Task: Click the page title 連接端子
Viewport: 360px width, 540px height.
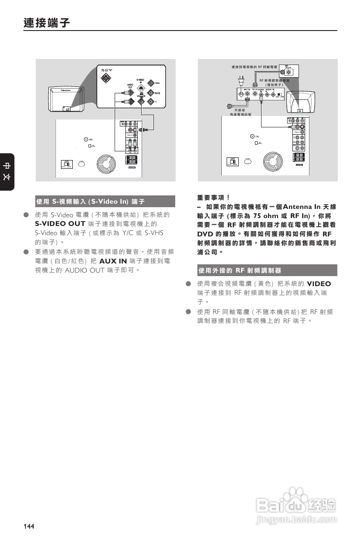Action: click(47, 23)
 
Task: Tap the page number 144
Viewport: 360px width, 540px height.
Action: click(29, 526)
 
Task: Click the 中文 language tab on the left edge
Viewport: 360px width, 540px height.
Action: click(7, 172)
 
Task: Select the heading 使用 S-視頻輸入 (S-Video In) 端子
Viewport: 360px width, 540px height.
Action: click(90, 202)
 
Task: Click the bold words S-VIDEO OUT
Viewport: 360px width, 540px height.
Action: click(60, 224)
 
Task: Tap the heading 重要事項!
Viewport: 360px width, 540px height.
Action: click(214, 197)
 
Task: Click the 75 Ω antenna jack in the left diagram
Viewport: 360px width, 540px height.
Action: click(106, 79)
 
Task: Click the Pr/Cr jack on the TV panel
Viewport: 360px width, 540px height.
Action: click(150, 83)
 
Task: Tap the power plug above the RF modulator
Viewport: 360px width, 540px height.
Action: click(239, 81)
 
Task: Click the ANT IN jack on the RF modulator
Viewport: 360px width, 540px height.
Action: click(241, 94)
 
